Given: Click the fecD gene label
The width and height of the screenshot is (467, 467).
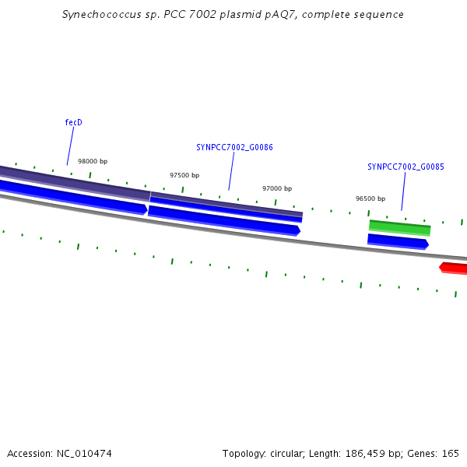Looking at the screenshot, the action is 74,122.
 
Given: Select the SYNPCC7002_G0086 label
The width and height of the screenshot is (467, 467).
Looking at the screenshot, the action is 234,147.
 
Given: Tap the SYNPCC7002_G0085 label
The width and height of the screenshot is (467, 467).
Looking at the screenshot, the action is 406,167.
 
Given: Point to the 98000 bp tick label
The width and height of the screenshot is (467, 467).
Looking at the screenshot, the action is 93,161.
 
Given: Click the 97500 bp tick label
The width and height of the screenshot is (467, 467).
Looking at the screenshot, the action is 184,175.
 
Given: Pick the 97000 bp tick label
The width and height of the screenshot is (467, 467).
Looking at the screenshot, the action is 277,188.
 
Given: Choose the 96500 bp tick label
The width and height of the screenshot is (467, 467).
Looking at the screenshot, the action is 370,198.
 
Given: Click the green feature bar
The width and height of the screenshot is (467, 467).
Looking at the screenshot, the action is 400,228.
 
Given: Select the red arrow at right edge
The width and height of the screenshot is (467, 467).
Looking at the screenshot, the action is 453,268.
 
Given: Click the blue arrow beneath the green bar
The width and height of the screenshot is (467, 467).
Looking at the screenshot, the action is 399,241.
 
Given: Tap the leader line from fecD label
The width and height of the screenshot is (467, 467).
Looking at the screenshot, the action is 70,146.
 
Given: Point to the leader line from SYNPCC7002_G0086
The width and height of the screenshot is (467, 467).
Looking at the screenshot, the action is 231,171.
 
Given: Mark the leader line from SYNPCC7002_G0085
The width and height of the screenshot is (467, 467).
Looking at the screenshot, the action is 403,191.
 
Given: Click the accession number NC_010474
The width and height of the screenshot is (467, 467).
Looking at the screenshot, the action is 84,454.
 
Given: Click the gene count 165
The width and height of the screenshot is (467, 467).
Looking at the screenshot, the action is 451,453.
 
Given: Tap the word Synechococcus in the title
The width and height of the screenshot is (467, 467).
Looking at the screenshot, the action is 101,15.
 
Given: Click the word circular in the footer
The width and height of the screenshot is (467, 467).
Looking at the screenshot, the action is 287,453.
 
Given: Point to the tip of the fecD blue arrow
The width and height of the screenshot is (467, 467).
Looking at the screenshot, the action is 148,209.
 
